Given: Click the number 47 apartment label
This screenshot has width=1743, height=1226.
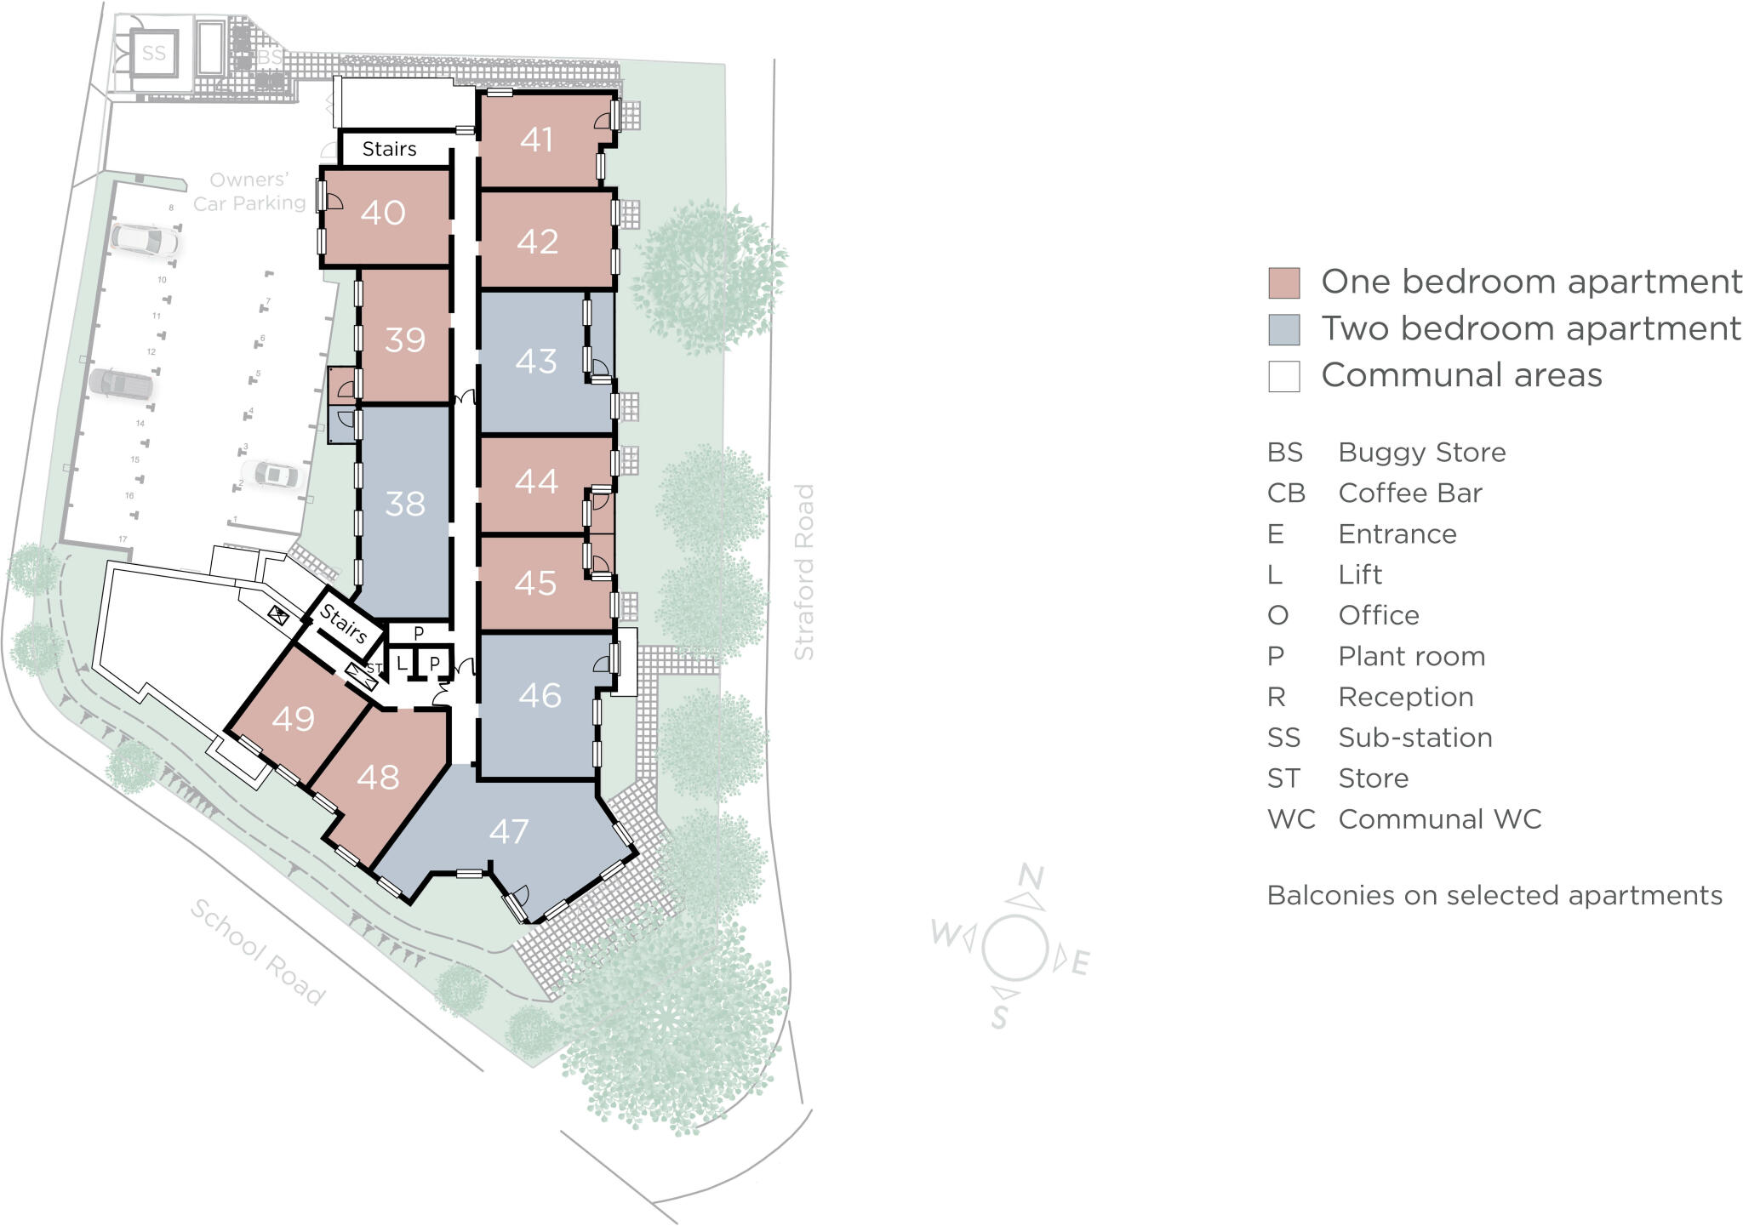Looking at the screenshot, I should tap(509, 831).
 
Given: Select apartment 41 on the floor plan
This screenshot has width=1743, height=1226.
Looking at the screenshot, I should tap(537, 140).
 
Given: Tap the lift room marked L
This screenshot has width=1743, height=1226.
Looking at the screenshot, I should tap(402, 664).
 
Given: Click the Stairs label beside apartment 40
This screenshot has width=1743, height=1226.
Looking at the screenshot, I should tap(389, 149).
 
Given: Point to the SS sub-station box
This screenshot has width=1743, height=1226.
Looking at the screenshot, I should tap(154, 54).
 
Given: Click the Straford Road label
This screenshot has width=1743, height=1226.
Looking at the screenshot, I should tap(804, 572).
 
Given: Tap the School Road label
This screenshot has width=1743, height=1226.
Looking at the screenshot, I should tap(257, 952).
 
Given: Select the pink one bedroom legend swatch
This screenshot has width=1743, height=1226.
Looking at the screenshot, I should tap(1283, 283).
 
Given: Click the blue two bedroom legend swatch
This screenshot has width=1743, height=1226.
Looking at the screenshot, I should tap(1283, 330).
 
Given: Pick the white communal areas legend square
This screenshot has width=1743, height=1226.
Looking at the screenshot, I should tap(1283, 376).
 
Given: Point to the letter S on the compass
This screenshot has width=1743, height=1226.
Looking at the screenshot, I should tap(1001, 1016).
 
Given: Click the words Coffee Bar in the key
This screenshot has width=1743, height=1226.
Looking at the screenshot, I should tap(1409, 493).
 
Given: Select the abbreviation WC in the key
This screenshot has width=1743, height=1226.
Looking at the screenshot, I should tap(1290, 819).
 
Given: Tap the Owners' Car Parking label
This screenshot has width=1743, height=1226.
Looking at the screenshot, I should tap(249, 191).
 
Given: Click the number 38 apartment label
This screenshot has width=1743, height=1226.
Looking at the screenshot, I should tap(404, 504).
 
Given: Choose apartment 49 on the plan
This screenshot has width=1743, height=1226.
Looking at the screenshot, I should tap(294, 720).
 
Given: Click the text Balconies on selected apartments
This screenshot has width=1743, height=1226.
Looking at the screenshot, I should tap(1494, 896).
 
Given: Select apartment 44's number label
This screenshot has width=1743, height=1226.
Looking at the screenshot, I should tap(536, 482).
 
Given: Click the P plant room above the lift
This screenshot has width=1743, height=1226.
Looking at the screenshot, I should tap(418, 634).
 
